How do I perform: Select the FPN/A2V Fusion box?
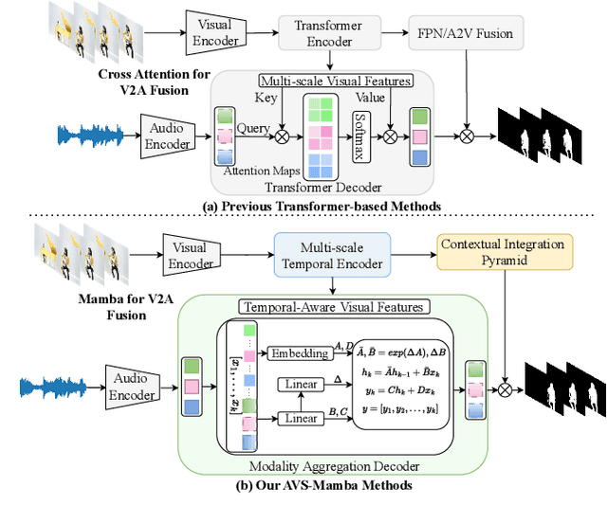466,33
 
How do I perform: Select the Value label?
371,96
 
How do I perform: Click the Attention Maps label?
262,171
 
